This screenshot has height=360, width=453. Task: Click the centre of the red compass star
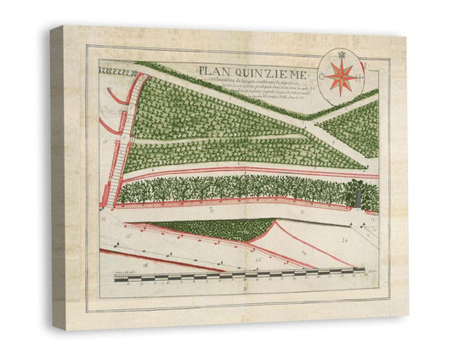pyautogui.click(x=341, y=76)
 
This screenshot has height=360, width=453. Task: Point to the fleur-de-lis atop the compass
pyautogui.click(x=341, y=54)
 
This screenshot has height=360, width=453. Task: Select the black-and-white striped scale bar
pyautogui.click(x=238, y=276)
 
